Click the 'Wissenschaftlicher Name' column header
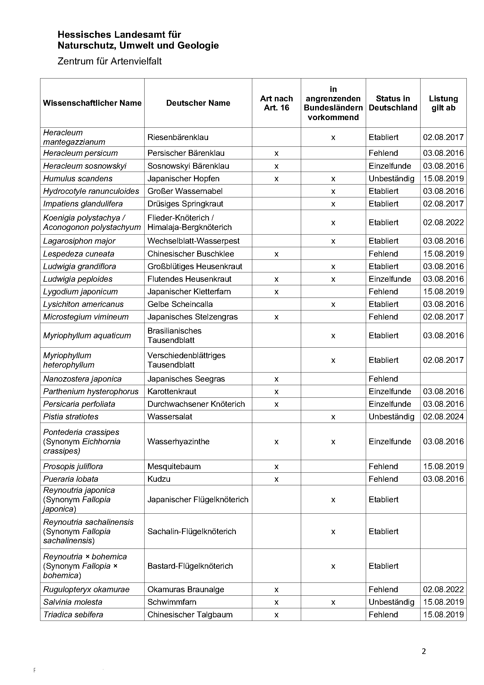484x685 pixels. tap(92, 103)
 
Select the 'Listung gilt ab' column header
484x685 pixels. tap(443, 103)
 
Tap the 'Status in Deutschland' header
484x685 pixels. tap(392, 103)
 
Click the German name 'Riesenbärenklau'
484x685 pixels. tap(178, 137)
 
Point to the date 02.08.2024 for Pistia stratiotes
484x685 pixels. tap(443, 416)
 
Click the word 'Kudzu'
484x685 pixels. tap(159, 479)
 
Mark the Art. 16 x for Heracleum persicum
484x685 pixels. tap(276, 153)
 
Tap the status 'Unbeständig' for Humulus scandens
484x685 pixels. tap(391, 178)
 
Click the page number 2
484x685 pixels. tap(424, 651)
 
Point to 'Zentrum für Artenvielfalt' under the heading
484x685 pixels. tap(109, 61)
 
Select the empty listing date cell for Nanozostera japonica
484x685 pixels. tap(443, 379)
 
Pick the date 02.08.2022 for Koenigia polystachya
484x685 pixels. tap(443, 222)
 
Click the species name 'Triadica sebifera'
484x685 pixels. tap(73, 614)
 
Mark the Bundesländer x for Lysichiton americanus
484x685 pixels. tap(333, 304)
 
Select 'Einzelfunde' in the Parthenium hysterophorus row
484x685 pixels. tap(389, 391)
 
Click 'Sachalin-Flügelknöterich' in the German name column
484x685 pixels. tap(192, 531)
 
